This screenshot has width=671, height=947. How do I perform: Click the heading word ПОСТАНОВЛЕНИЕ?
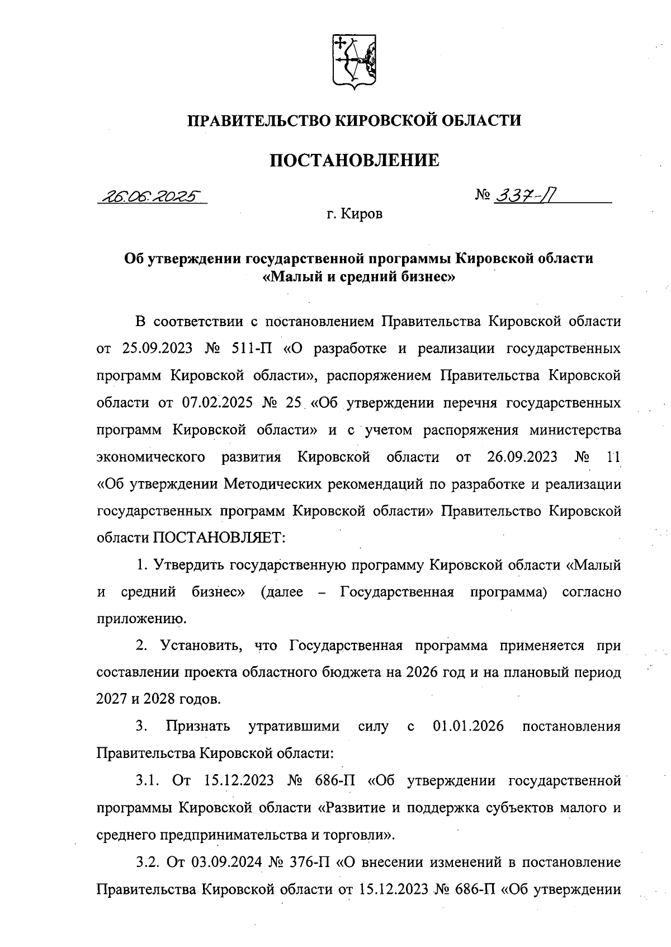355,161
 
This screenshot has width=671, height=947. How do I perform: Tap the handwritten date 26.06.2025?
150,197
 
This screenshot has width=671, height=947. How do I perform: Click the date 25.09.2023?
157,349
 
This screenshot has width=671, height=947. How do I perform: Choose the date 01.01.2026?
469,727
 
